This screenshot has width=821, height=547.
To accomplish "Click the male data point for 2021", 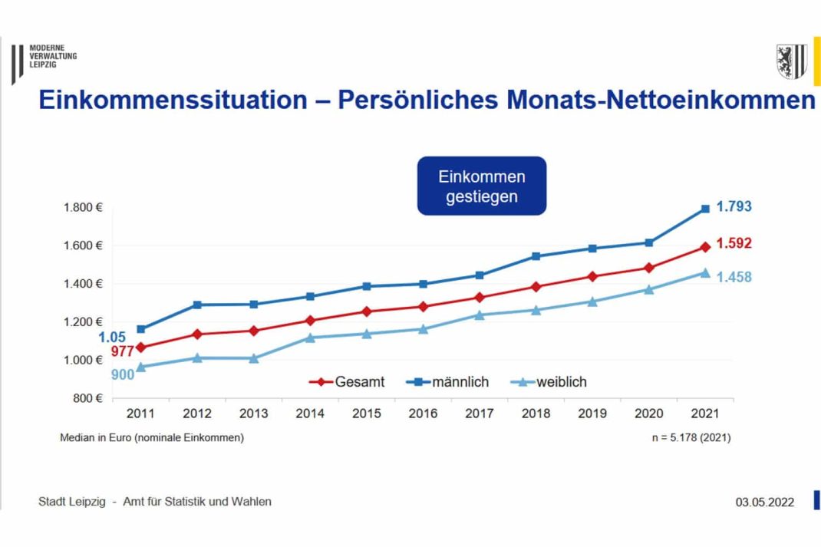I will point(705,209).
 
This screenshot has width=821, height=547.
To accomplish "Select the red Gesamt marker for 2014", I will point(310,320).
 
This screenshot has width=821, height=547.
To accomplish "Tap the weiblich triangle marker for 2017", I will point(480,315).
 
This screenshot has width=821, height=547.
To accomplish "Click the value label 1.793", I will point(734,206).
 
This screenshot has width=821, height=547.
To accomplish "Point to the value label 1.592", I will point(734,243).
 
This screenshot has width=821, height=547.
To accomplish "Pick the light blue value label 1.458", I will point(734,277).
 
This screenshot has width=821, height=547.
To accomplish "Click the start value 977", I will point(122,352).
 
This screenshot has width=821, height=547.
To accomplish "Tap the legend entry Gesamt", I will point(349,381).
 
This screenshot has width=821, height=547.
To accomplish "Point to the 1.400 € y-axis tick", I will point(82,284).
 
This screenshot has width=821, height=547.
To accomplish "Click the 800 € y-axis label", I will point(87,398).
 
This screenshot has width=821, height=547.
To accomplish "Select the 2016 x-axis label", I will point(423,414).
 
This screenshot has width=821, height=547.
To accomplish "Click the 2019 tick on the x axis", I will point(592,414).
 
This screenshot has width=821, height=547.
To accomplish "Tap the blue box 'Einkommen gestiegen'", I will point(481,186).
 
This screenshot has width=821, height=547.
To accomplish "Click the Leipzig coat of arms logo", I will point(790,61).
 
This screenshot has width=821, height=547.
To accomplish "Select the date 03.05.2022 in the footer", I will point(764,503).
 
